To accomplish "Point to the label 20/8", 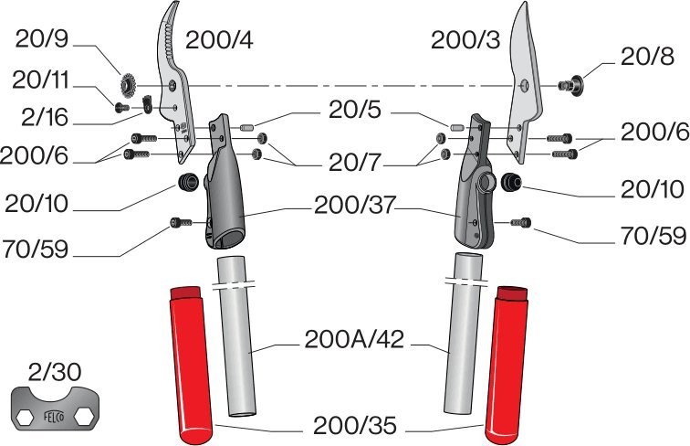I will coord(648,57).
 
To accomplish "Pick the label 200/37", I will coord(354,207).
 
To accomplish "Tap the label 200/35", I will coord(354,425).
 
